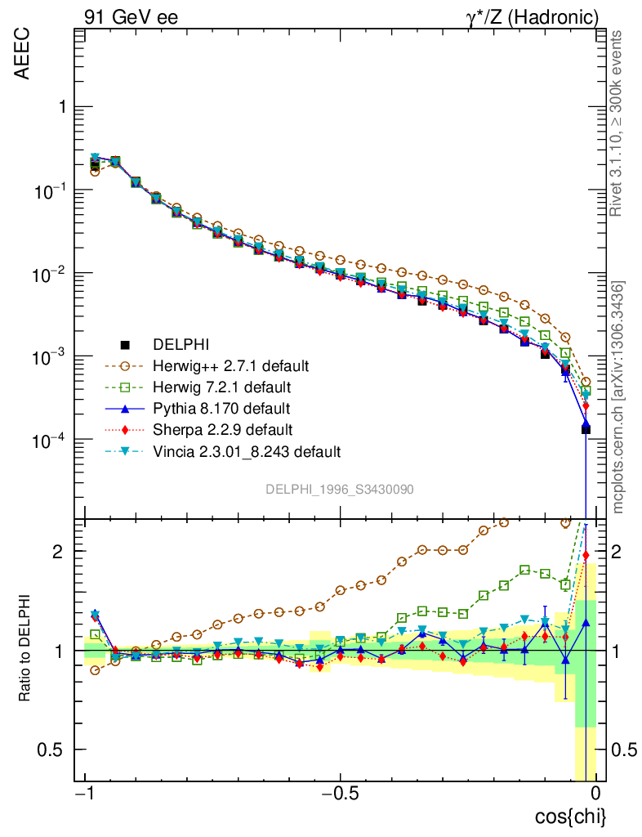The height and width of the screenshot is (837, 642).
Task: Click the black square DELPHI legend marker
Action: point(124,344)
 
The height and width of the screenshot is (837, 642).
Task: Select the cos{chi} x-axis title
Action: point(570,816)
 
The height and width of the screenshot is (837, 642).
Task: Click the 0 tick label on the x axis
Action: point(597,794)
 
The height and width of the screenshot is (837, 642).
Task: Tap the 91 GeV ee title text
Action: point(132,16)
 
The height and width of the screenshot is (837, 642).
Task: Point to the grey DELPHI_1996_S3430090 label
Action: point(339,489)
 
